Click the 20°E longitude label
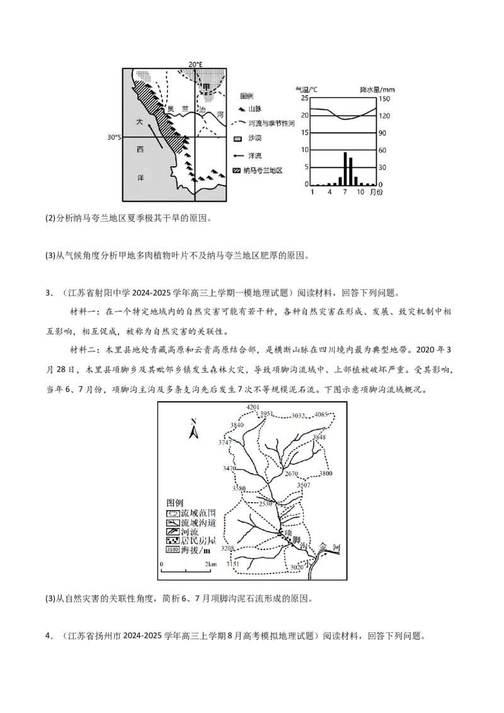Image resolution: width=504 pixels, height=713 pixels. point(196,64)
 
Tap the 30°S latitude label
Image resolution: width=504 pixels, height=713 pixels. point(114,137)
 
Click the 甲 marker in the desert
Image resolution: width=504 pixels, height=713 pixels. point(205,87)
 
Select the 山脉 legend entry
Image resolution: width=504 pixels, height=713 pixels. point(255,110)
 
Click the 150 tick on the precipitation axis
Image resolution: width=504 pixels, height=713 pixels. point(384,99)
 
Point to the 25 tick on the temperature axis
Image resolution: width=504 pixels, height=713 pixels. point(304,99)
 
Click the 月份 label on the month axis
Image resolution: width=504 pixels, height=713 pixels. point(376,192)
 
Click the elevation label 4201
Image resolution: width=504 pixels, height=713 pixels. point(253,408)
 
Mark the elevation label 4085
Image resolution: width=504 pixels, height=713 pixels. point(322,414)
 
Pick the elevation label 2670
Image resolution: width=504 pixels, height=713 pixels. point(291,474)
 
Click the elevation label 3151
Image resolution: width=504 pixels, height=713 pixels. point(233,564)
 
